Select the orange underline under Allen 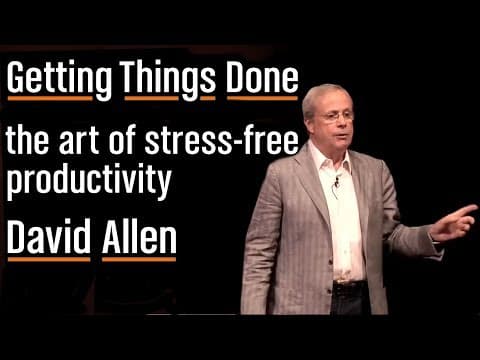pos(137,259)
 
